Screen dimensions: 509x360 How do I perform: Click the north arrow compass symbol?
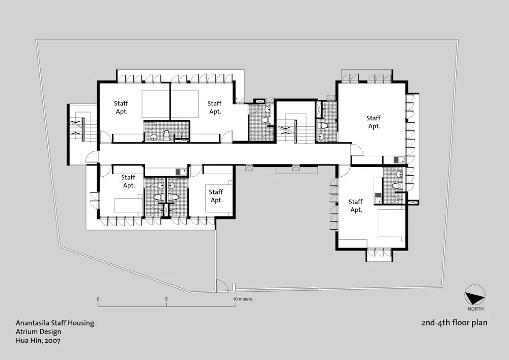coord(475,295)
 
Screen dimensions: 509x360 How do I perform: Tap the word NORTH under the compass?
coord(475,309)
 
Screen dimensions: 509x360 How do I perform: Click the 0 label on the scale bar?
coord(98,299)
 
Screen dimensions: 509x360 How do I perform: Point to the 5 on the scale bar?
coord(166,299)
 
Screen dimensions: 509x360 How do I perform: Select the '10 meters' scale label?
coord(242,299)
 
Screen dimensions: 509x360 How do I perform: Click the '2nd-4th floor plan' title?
coord(454,323)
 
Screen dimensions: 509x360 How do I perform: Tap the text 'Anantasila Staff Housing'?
coord(55,323)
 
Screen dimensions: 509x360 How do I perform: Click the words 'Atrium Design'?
coord(38,332)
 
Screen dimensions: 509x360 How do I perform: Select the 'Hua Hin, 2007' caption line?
coord(38,341)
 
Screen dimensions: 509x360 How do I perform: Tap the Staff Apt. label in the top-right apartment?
coord(374,122)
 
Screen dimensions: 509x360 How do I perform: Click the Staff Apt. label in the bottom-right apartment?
coord(356,206)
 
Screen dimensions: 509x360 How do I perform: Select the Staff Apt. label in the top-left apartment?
coord(121,107)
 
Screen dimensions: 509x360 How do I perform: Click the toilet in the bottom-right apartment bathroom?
coord(397,186)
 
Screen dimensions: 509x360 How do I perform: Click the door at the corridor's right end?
coord(357,150)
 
